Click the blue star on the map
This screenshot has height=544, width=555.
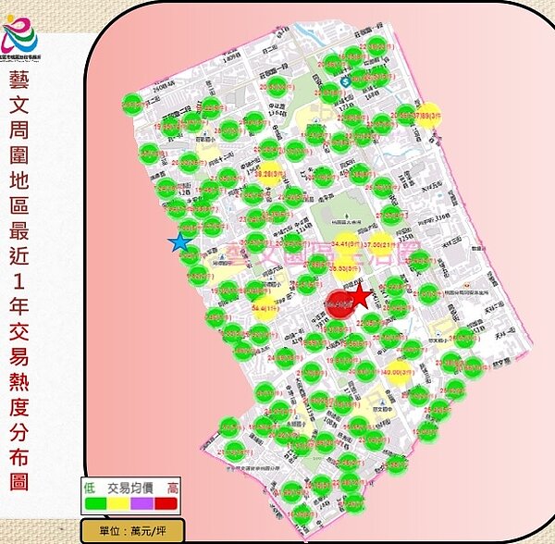[x=179, y=242]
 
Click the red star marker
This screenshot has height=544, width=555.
[x=360, y=298]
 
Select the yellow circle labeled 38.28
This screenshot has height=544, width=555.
[x=268, y=173]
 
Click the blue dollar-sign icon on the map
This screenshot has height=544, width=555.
[x=343, y=81]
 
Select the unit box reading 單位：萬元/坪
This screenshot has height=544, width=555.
[x=132, y=531]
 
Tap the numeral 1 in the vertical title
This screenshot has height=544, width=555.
[x=20, y=278]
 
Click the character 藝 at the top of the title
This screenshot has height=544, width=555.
[x=20, y=78]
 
